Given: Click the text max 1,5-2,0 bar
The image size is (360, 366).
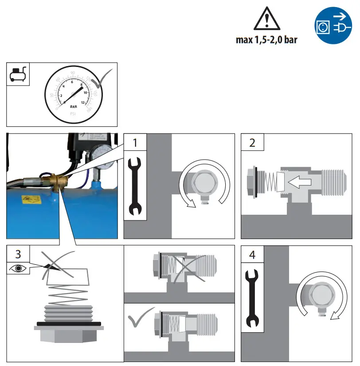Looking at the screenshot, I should [266, 40].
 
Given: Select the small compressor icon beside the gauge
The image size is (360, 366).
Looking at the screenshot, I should [18, 73].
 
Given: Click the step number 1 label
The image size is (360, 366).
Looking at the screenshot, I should [135, 143].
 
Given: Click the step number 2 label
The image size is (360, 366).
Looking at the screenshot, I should [252, 143].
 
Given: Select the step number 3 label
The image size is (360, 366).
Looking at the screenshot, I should [18, 254].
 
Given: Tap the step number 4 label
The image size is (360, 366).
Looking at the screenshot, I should [252, 256].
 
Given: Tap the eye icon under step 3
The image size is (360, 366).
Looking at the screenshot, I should [18, 268].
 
